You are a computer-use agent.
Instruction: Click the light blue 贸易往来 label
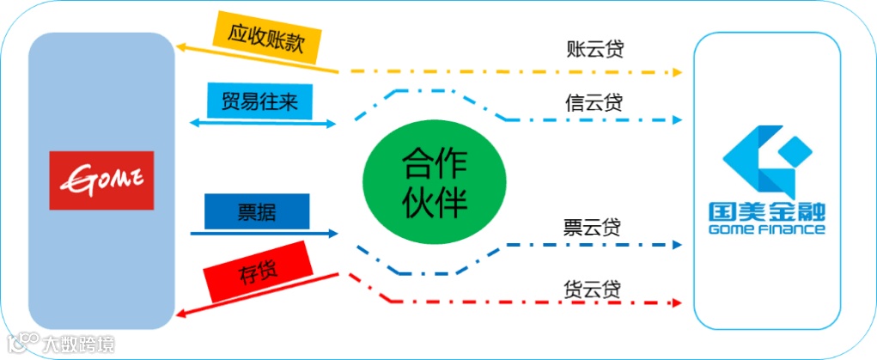[260, 101]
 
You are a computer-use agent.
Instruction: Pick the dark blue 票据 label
[256, 211]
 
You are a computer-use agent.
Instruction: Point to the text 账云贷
[594, 48]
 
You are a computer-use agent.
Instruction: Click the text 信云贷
[594, 102]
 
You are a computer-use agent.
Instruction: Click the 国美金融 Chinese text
[767, 212]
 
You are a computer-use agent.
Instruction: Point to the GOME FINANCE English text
[767, 229]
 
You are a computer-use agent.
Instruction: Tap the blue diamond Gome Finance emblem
[766, 160]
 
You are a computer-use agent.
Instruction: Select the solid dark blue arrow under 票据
[263, 233]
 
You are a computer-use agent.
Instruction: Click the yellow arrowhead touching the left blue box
[182, 48]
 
